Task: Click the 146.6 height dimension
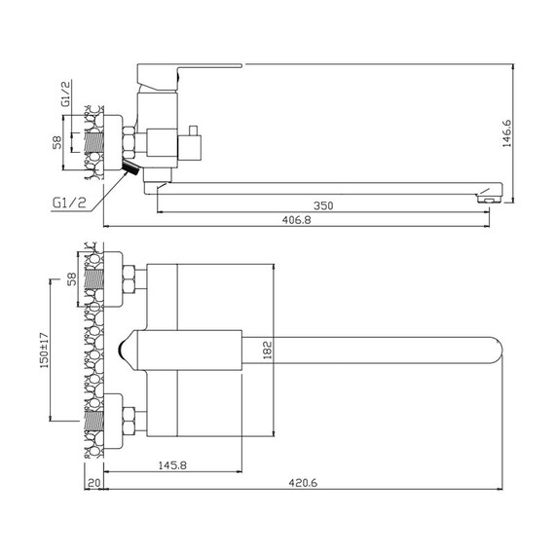click(x=507, y=133)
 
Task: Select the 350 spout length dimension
click(x=323, y=205)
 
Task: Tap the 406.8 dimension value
click(x=297, y=220)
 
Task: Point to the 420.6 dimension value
click(x=303, y=483)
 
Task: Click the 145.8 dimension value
click(x=172, y=465)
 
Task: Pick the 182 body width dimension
click(x=268, y=351)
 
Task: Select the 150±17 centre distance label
click(x=45, y=351)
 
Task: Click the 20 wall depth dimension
click(x=93, y=483)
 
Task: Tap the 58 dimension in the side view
click(x=57, y=142)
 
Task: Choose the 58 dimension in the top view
click(x=72, y=278)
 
